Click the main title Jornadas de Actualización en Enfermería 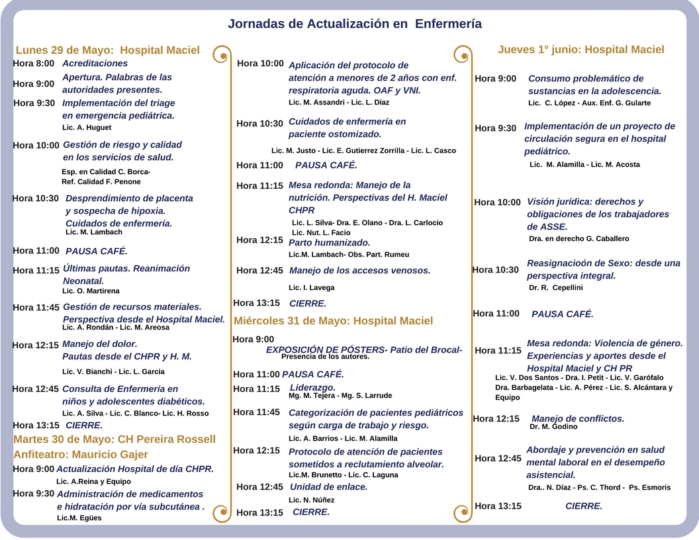pyautogui.click(x=355, y=24)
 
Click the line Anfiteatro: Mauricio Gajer pyautogui.click(x=81, y=455)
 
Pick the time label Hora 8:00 pyautogui.click(x=34, y=64)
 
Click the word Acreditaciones pyautogui.click(x=95, y=64)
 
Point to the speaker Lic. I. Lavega pyautogui.click(x=311, y=288)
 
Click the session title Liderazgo pyautogui.click(x=312, y=387)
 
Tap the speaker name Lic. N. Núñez pyautogui.click(x=311, y=500)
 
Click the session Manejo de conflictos pyautogui.click(x=578, y=418)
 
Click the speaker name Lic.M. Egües pyautogui.click(x=79, y=518)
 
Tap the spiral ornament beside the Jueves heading pyautogui.click(x=462, y=54)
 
